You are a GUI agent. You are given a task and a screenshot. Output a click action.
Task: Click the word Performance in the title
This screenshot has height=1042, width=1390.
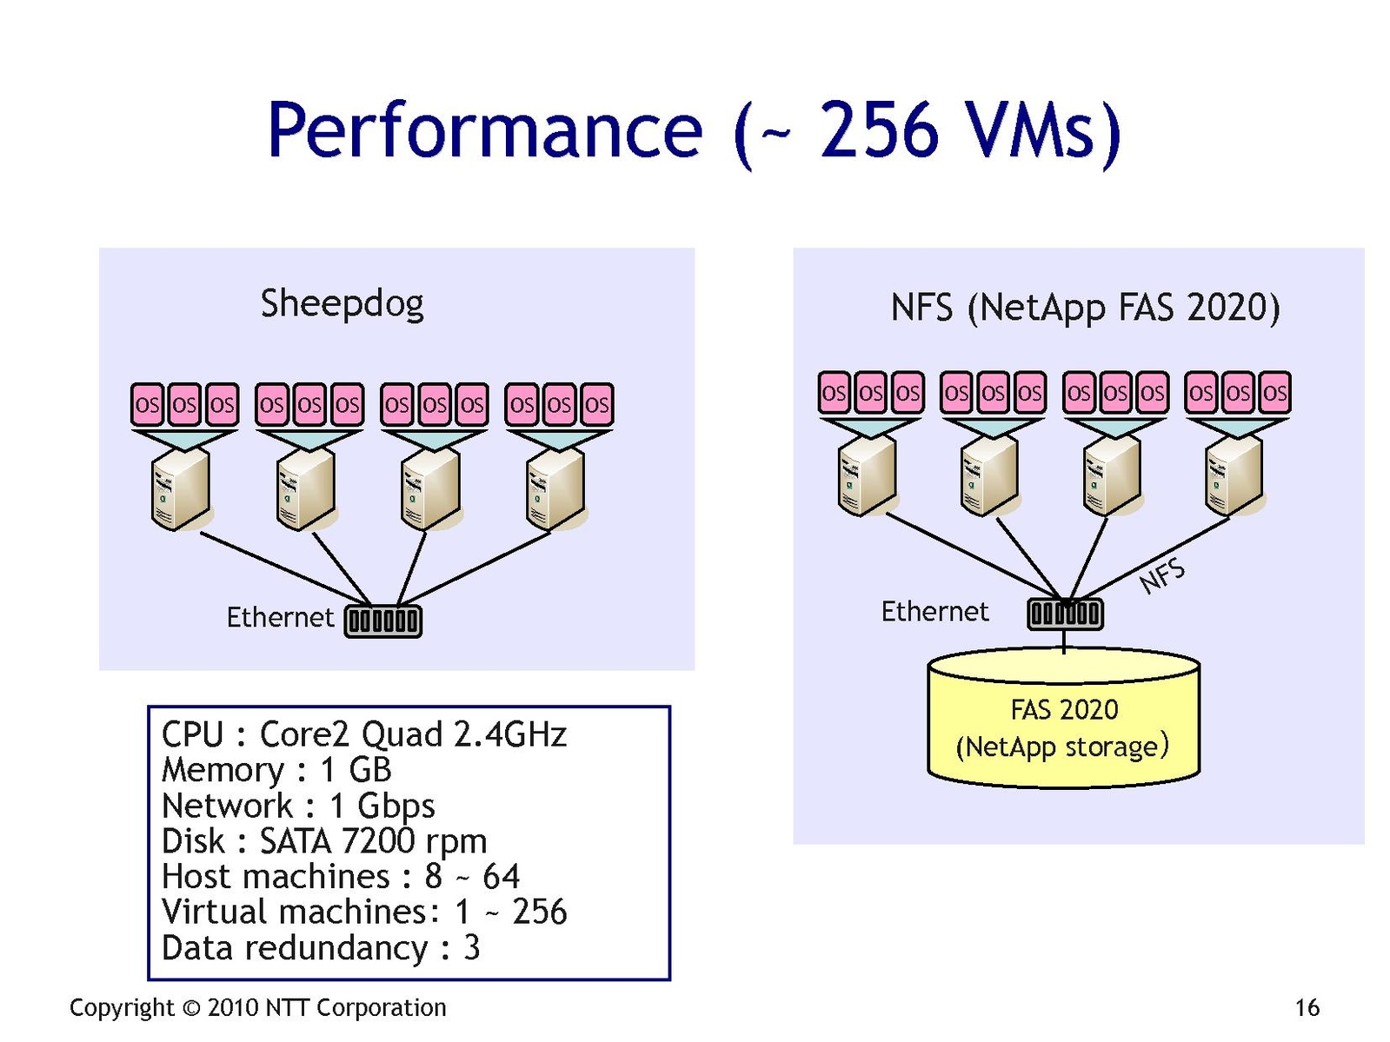coord(484,130)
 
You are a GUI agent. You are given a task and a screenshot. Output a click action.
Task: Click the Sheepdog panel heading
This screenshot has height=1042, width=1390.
coord(342,303)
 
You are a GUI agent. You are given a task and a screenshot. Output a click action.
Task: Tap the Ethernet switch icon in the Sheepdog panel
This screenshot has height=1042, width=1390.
coord(383,621)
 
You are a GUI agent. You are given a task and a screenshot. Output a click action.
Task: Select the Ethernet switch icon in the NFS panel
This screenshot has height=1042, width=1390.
coord(1065,614)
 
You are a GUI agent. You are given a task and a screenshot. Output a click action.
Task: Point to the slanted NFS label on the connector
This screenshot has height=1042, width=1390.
coord(1162,575)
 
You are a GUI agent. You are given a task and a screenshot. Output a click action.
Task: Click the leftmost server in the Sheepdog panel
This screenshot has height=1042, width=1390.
coord(181,492)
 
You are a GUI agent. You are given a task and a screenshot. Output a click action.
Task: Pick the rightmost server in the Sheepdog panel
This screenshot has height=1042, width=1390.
coord(556,492)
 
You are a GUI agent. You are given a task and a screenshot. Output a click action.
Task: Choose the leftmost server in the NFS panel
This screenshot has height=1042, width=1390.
coord(867,477)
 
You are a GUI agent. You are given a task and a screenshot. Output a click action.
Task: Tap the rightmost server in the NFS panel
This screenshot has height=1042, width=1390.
coord(1234,477)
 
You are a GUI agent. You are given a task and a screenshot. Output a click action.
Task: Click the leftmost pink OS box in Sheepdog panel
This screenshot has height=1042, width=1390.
coord(148,404)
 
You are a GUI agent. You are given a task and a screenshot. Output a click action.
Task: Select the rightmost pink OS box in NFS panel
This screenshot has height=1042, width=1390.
coord(1274,393)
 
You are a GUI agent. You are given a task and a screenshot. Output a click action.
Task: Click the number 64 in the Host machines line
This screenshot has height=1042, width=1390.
coord(501,877)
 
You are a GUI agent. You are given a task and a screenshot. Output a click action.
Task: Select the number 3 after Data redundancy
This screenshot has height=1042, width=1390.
coord(471,948)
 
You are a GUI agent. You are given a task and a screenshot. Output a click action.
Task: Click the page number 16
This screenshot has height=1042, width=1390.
coord(1307,1008)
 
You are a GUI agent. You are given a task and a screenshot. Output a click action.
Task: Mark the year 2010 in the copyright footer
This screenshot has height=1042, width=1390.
coord(233,1008)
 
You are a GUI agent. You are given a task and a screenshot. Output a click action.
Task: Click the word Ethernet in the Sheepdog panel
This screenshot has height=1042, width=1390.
coord(280,617)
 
